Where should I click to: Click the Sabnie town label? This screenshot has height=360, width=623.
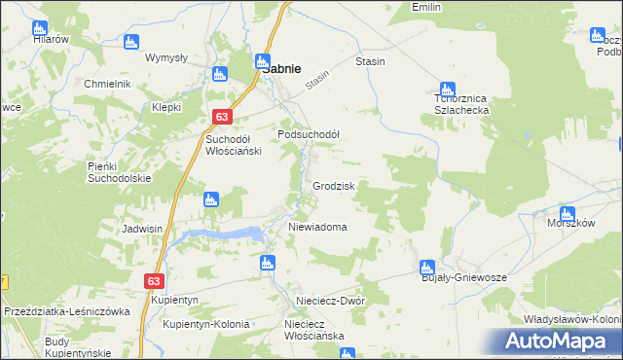tap(280, 69)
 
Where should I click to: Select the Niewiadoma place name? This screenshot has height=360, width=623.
tap(317, 227)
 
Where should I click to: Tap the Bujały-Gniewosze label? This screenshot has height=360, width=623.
tap(463, 277)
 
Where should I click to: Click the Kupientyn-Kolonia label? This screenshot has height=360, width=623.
tap(206, 324)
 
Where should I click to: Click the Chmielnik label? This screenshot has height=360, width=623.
tap(107, 84)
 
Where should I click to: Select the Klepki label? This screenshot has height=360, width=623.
tap(166, 107)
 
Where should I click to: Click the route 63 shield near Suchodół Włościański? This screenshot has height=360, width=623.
tap(222, 118)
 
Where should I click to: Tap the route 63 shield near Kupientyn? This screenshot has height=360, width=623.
tap(154, 280)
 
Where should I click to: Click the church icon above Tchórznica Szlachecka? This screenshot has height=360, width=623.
tap(447, 88)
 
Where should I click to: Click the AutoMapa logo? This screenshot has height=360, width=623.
tap(556, 341)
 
